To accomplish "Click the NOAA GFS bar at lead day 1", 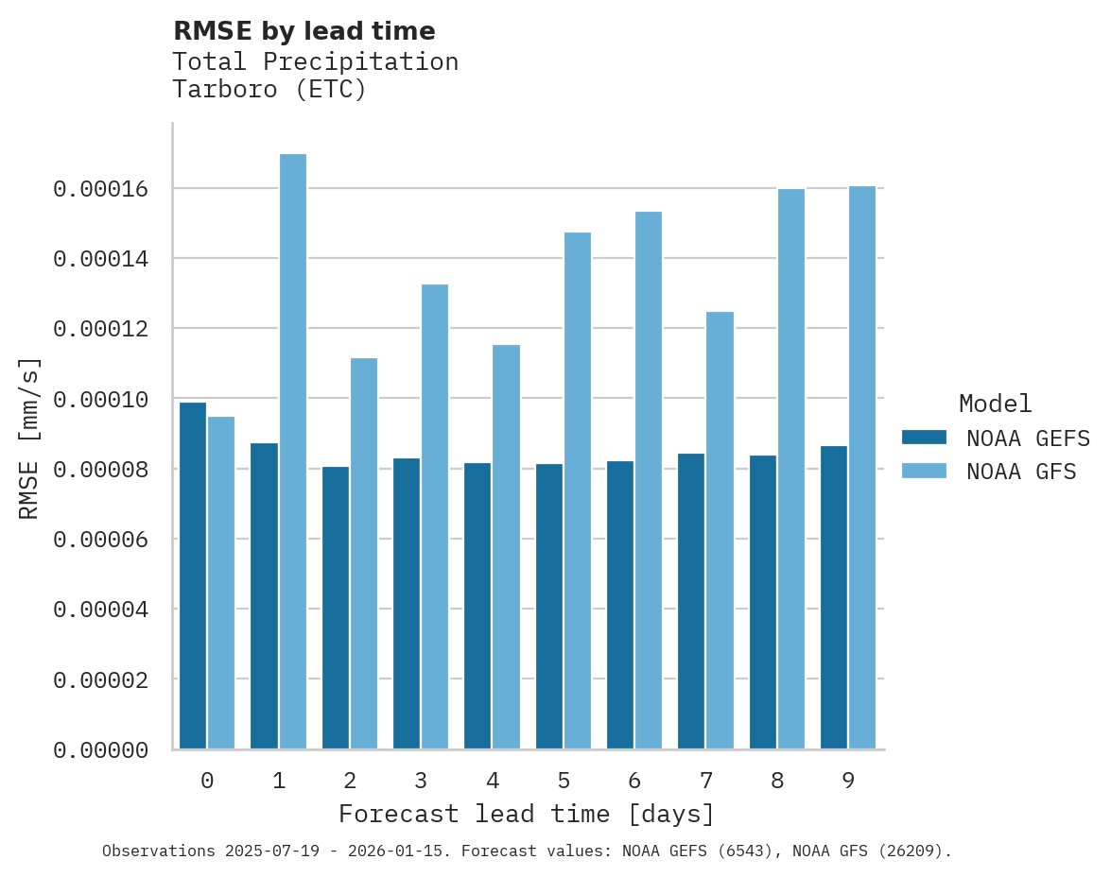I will pyautogui.click(x=293, y=452).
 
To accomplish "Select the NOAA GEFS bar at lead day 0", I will pyautogui.click(x=193, y=576).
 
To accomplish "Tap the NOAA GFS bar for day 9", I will pyautogui.click(x=862, y=468).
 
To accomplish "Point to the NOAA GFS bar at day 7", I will pyautogui.click(x=720, y=530).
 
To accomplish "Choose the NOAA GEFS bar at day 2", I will pyautogui.click(x=336, y=608).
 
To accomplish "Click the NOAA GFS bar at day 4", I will pyautogui.click(x=507, y=547).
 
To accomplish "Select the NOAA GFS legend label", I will pyautogui.click(x=1021, y=471).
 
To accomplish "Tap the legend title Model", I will pyautogui.click(x=995, y=404).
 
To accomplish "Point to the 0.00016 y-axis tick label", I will pyautogui.click(x=101, y=189).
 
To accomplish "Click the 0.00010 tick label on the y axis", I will pyautogui.click(x=101, y=400).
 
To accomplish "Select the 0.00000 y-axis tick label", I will pyautogui.click(x=101, y=750).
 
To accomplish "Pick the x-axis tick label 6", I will pyautogui.click(x=634, y=781).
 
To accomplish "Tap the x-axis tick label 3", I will pyautogui.click(x=421, y=781).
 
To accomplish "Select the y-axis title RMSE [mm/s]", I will pyautogui.click(x=30, y=438).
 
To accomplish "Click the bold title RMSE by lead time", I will pyautogui.click(x=304, y=31).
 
